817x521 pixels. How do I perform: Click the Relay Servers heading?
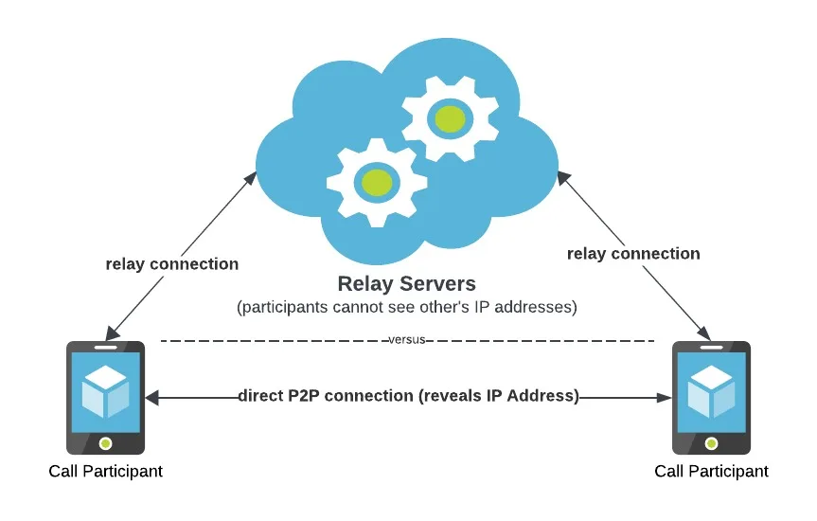407,283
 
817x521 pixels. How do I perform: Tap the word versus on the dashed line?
407,340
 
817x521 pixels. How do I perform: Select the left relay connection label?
172,263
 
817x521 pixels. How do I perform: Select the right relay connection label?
633,253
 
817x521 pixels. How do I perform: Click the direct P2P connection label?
408,396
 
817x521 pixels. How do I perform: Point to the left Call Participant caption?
106,471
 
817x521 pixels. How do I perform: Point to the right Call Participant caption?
711,471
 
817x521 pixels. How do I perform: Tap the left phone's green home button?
105,442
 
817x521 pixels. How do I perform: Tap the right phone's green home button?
711,442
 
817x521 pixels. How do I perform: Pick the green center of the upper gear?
450,118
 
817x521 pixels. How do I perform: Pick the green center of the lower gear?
376,181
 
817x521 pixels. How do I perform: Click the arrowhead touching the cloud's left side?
253,177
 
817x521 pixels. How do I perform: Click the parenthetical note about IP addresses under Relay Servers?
406,308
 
